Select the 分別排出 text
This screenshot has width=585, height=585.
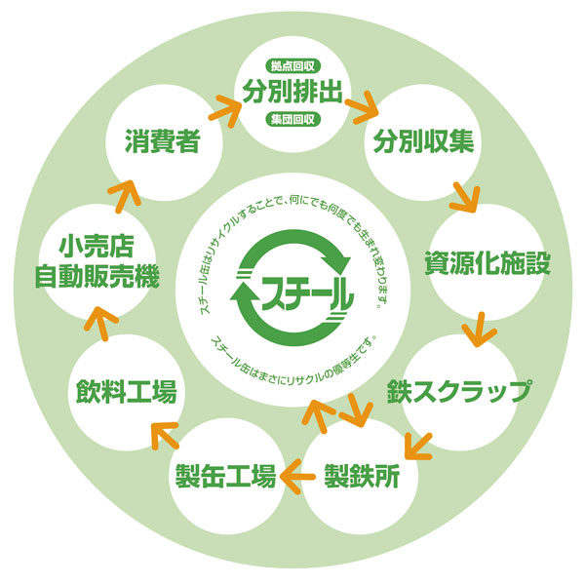pos(294,96)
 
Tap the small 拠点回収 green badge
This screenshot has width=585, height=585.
pos(294,68)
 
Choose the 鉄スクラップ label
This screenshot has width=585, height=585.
pos(458,391)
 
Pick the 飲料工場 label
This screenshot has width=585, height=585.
pos(127,392)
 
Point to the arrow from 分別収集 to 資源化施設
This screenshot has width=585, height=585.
pos(462,196)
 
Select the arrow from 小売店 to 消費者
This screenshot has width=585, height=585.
pos(125,187)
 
